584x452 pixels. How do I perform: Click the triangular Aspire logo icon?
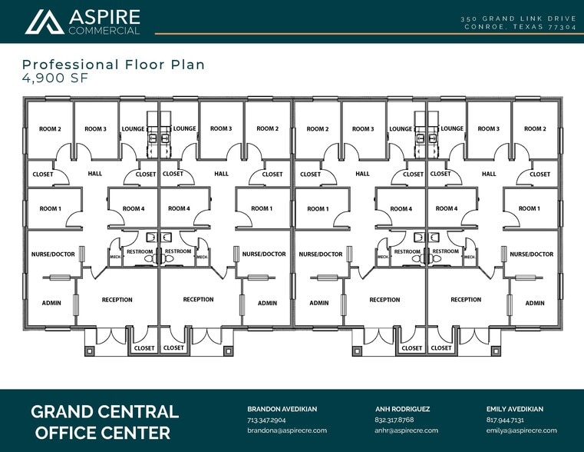pyautogui.click(x=45, y=22)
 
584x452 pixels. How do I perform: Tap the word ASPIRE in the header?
pyautogui.click(x=104, y=17)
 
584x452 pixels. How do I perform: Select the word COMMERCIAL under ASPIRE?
pyautogui.click(x=104, y=31)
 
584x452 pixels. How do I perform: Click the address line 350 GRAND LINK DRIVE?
pyautogui.click(x=519, y=18)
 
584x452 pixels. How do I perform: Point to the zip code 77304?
pyautogui.click(x=563, y=27)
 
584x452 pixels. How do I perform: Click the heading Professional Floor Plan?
pyautogui.click(x=114, y=65)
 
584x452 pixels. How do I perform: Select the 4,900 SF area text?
pyautogui.click(x=55, y=78)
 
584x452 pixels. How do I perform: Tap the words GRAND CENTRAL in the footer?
pyautogui.click(x=104, y=412)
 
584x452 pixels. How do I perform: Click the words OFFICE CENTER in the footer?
pyautogui.click(x=103, y=433)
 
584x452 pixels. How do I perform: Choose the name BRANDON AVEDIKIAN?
pyautogui.click(x=282, y=409)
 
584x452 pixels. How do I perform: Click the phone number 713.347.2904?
pyautogui.click(x=266, y=420)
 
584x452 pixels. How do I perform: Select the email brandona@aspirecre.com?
pyautogui.click(x=287, y=430)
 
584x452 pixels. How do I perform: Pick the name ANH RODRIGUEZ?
pyautogui.click(x=402, y=409)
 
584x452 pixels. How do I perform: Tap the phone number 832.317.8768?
pyautogui.click(x=394, y=420)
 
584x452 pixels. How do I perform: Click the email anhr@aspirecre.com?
pyautogui.click(x=406, y=430)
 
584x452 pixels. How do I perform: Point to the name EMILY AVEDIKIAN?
pyautogui.click(x=515, y=409)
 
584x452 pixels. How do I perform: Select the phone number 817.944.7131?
pyautogui.click(x=505, y=420)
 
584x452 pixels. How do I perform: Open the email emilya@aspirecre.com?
pyautogui.click(x=521, y=430)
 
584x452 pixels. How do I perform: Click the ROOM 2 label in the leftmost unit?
pyautogui.click(x=50, y=129)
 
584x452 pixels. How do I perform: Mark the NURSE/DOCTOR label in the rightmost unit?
pyautogui.click(x=532, y=254)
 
